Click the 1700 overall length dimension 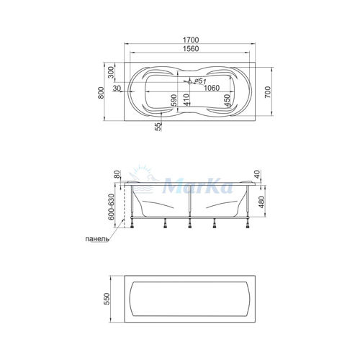pyautogui.click(x=191, y=40)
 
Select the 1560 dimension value pyautogui.click(x=191, y=49)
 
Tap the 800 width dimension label pyautogui.click(x=101, y=93)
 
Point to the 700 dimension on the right pyautogui.click(x=268, y=92)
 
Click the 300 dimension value pyautogui.click(x=111, y=73)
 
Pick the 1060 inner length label pyautogui.click(x=212, y=88)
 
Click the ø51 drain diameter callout pyautogui.click(x=200, y=81)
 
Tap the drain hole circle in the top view pyautogui.click(x=189, y=82)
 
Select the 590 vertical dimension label pyautogui.click(x=174, y=101)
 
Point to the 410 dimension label pyautogui.click(x=186, y=100)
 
